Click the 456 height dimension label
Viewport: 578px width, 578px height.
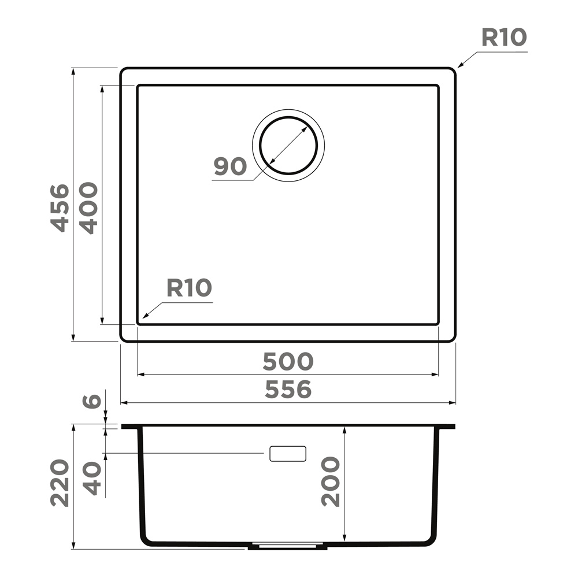pos(60,208)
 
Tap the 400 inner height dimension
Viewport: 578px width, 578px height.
pos(89,208)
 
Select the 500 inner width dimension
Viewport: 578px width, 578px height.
pos(288,362)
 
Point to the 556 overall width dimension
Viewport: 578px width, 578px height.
pos(288,390)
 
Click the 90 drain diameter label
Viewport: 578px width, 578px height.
pos(230,166)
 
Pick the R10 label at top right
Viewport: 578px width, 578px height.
pos(504,38)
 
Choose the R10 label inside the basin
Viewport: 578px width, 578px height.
pos(189,288)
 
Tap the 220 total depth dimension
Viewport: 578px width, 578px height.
pos(60,483)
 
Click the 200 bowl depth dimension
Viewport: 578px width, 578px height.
pos(330,481)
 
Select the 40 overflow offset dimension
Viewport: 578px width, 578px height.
pos(91,479)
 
